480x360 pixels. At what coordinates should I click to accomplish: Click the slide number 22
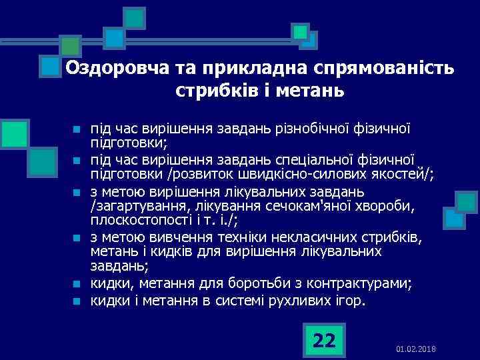point(323,341)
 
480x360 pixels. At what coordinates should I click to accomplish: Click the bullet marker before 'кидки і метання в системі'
point(77,301)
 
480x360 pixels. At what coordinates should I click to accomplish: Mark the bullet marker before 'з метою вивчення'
point(77,238)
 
